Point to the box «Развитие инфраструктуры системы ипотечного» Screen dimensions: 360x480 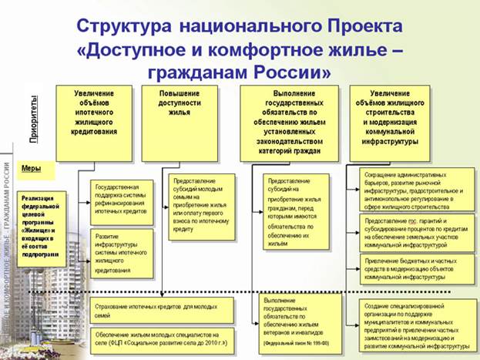click(120, 251)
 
